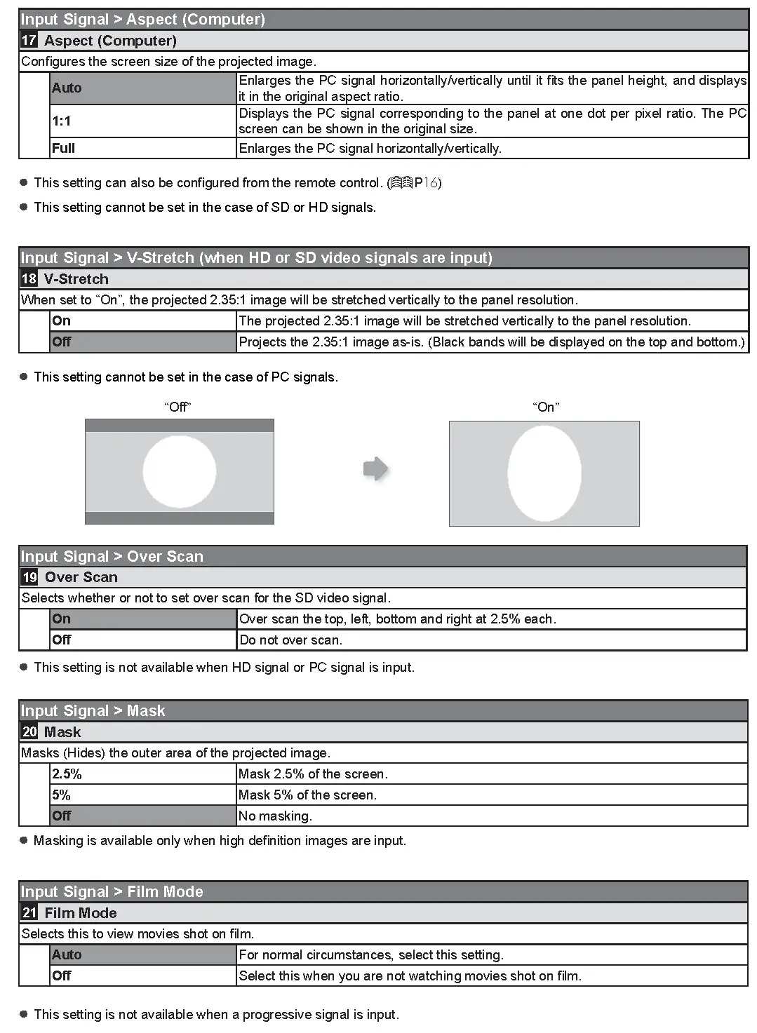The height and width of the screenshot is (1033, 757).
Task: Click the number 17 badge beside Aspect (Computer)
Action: [29, 41]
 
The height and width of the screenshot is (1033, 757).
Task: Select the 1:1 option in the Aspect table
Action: [62, 121]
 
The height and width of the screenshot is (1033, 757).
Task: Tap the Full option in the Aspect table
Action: [63, 149]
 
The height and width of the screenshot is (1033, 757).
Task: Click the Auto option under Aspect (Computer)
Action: [67, 88]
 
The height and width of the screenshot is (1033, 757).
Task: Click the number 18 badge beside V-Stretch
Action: [29, 279]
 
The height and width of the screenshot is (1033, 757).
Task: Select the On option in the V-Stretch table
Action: [62, 321]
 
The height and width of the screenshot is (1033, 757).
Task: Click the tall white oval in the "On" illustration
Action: [544, 473]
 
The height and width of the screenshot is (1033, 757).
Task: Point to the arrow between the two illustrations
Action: [376, 468]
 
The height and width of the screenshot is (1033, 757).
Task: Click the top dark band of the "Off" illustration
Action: [180, 426]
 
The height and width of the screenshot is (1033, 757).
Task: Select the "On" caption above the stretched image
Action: [546, 407]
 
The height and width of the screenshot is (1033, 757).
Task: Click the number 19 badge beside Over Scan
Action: [29, 577]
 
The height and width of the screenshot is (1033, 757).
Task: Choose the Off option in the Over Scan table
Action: [62, 640]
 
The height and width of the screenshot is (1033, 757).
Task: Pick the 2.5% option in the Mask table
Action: [67, 774]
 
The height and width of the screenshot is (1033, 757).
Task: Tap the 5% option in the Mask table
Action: [62, 795]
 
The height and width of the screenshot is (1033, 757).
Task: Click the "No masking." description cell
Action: [275, 816]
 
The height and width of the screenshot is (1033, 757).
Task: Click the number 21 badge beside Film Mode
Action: [29, 913]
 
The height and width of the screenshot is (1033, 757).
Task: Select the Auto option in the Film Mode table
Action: [67, 955]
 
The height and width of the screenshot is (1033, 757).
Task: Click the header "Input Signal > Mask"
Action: [93, 711]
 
